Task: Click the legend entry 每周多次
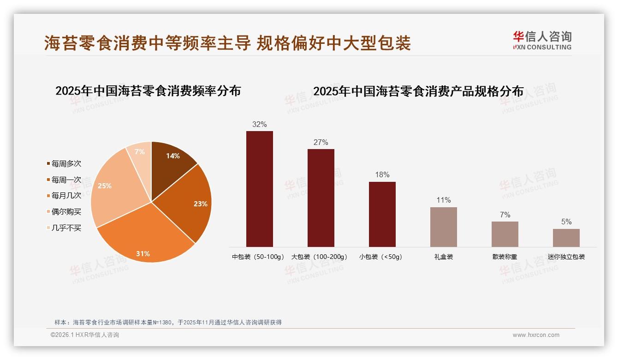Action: [66, 164]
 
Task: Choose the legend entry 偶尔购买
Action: [66, 211]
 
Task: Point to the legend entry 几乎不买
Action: [66, 228]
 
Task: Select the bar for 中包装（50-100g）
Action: [259, 189]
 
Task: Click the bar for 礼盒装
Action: [443, 227]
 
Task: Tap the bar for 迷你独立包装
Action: [566, 238]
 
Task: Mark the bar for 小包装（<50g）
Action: [382, 214]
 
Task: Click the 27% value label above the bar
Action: [321, 143]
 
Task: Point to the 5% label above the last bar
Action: [566, 222]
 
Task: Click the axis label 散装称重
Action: [505, 257]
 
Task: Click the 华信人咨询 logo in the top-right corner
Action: [542, 40]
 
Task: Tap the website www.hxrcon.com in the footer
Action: [536, 335]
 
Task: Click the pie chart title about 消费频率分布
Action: [148, 90]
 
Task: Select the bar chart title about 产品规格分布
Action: [418, 91]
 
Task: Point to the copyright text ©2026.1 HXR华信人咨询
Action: [85, 335]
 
